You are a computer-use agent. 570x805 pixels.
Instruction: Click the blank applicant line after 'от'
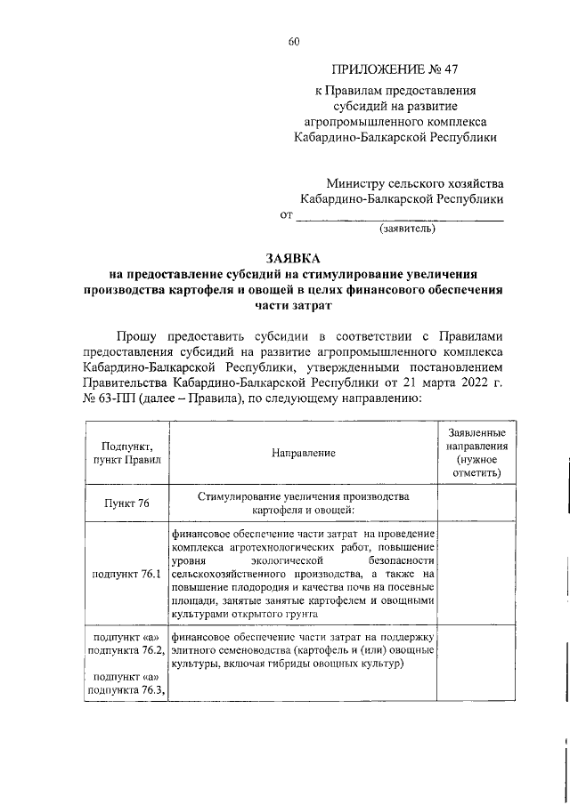pos(399,216)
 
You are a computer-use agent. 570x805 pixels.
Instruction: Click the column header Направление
pos(304,453)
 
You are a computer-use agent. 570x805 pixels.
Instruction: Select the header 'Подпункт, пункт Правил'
pos(126,453)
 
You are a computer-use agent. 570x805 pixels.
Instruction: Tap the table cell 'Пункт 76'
pos(126,503)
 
